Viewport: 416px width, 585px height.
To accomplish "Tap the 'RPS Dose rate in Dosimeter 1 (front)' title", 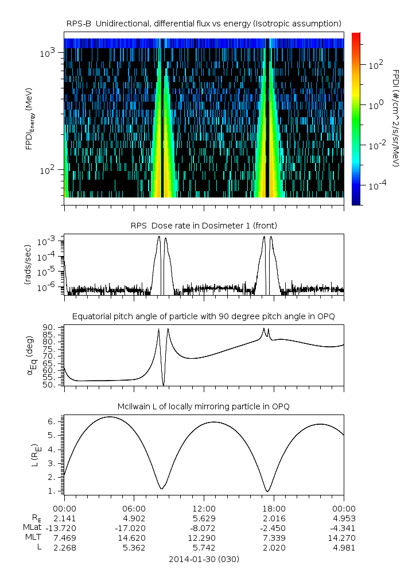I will [x=204, y=224].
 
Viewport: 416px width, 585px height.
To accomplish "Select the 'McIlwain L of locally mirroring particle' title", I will [x=204, y=406].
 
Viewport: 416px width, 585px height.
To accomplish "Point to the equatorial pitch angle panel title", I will [x=204, y=316].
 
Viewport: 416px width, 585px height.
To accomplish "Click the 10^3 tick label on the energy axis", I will [x=49, y=53].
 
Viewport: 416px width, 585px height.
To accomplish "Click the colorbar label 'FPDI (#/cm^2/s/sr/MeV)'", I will [x=396, y=118].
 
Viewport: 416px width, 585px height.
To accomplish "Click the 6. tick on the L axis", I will [x=55, y=421].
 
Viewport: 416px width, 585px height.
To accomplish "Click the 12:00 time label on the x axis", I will [x=204, y=508].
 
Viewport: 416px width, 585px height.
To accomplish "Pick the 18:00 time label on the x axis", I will [x=274, y=508].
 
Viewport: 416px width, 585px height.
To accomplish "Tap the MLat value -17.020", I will [x=134, y=528].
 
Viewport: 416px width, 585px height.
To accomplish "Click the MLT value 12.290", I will [x=204, y=537].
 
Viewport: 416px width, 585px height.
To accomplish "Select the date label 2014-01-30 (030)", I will [x=204, y=559].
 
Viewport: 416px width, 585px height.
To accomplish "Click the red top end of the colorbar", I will [x=356, y=36].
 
